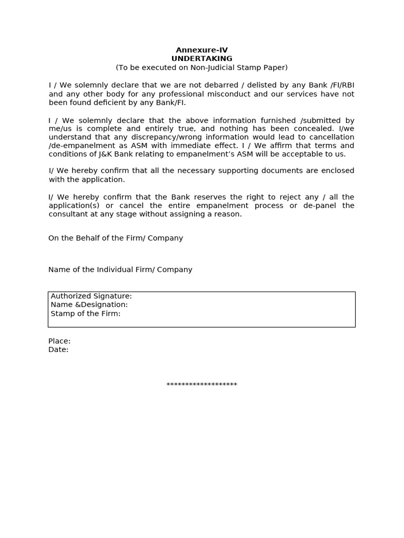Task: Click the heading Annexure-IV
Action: coord(201,50)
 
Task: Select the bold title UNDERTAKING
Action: coord(201,58)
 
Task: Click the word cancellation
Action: coord(331,137)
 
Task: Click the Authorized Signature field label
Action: coord(91,296)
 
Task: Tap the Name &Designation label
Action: coord(89,305)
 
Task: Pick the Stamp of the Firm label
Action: coord(85,314)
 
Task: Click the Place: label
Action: coord(59,341)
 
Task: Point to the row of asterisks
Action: coord(201,385)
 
